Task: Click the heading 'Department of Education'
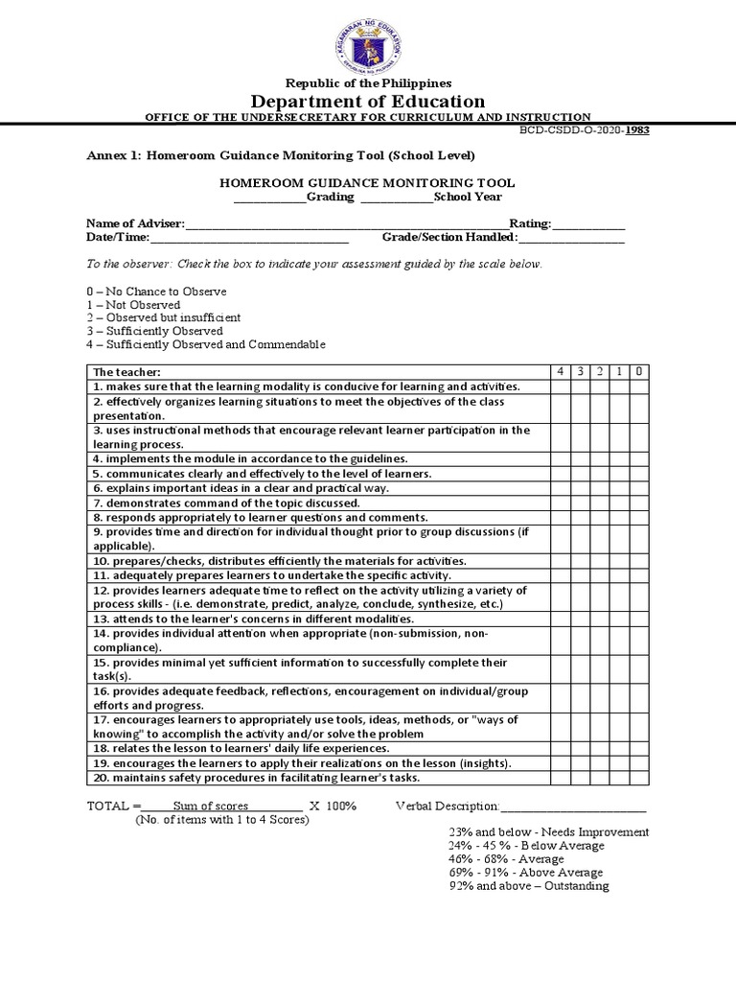(368, 102)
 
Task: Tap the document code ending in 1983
(585, 129)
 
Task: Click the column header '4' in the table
(560, 372)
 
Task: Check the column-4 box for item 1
(560, 386)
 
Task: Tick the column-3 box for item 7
(580, 503)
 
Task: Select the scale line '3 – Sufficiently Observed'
(154, 331)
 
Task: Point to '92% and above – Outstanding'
(529, 886)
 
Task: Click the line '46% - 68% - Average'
(506, 859)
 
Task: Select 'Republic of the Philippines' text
(368, 83)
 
